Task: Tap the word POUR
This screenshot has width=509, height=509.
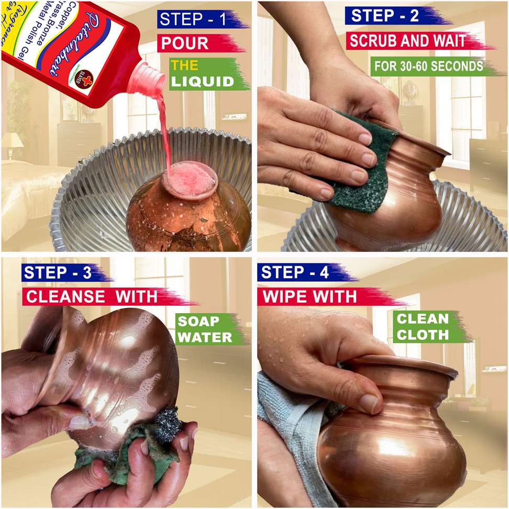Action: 184,43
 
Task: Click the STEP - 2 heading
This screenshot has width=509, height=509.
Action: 385,16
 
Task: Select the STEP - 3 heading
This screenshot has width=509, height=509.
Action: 57,273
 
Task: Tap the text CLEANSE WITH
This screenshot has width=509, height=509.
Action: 92,297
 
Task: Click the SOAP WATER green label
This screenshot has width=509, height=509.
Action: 204,329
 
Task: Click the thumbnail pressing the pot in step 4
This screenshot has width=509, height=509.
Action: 370,403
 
